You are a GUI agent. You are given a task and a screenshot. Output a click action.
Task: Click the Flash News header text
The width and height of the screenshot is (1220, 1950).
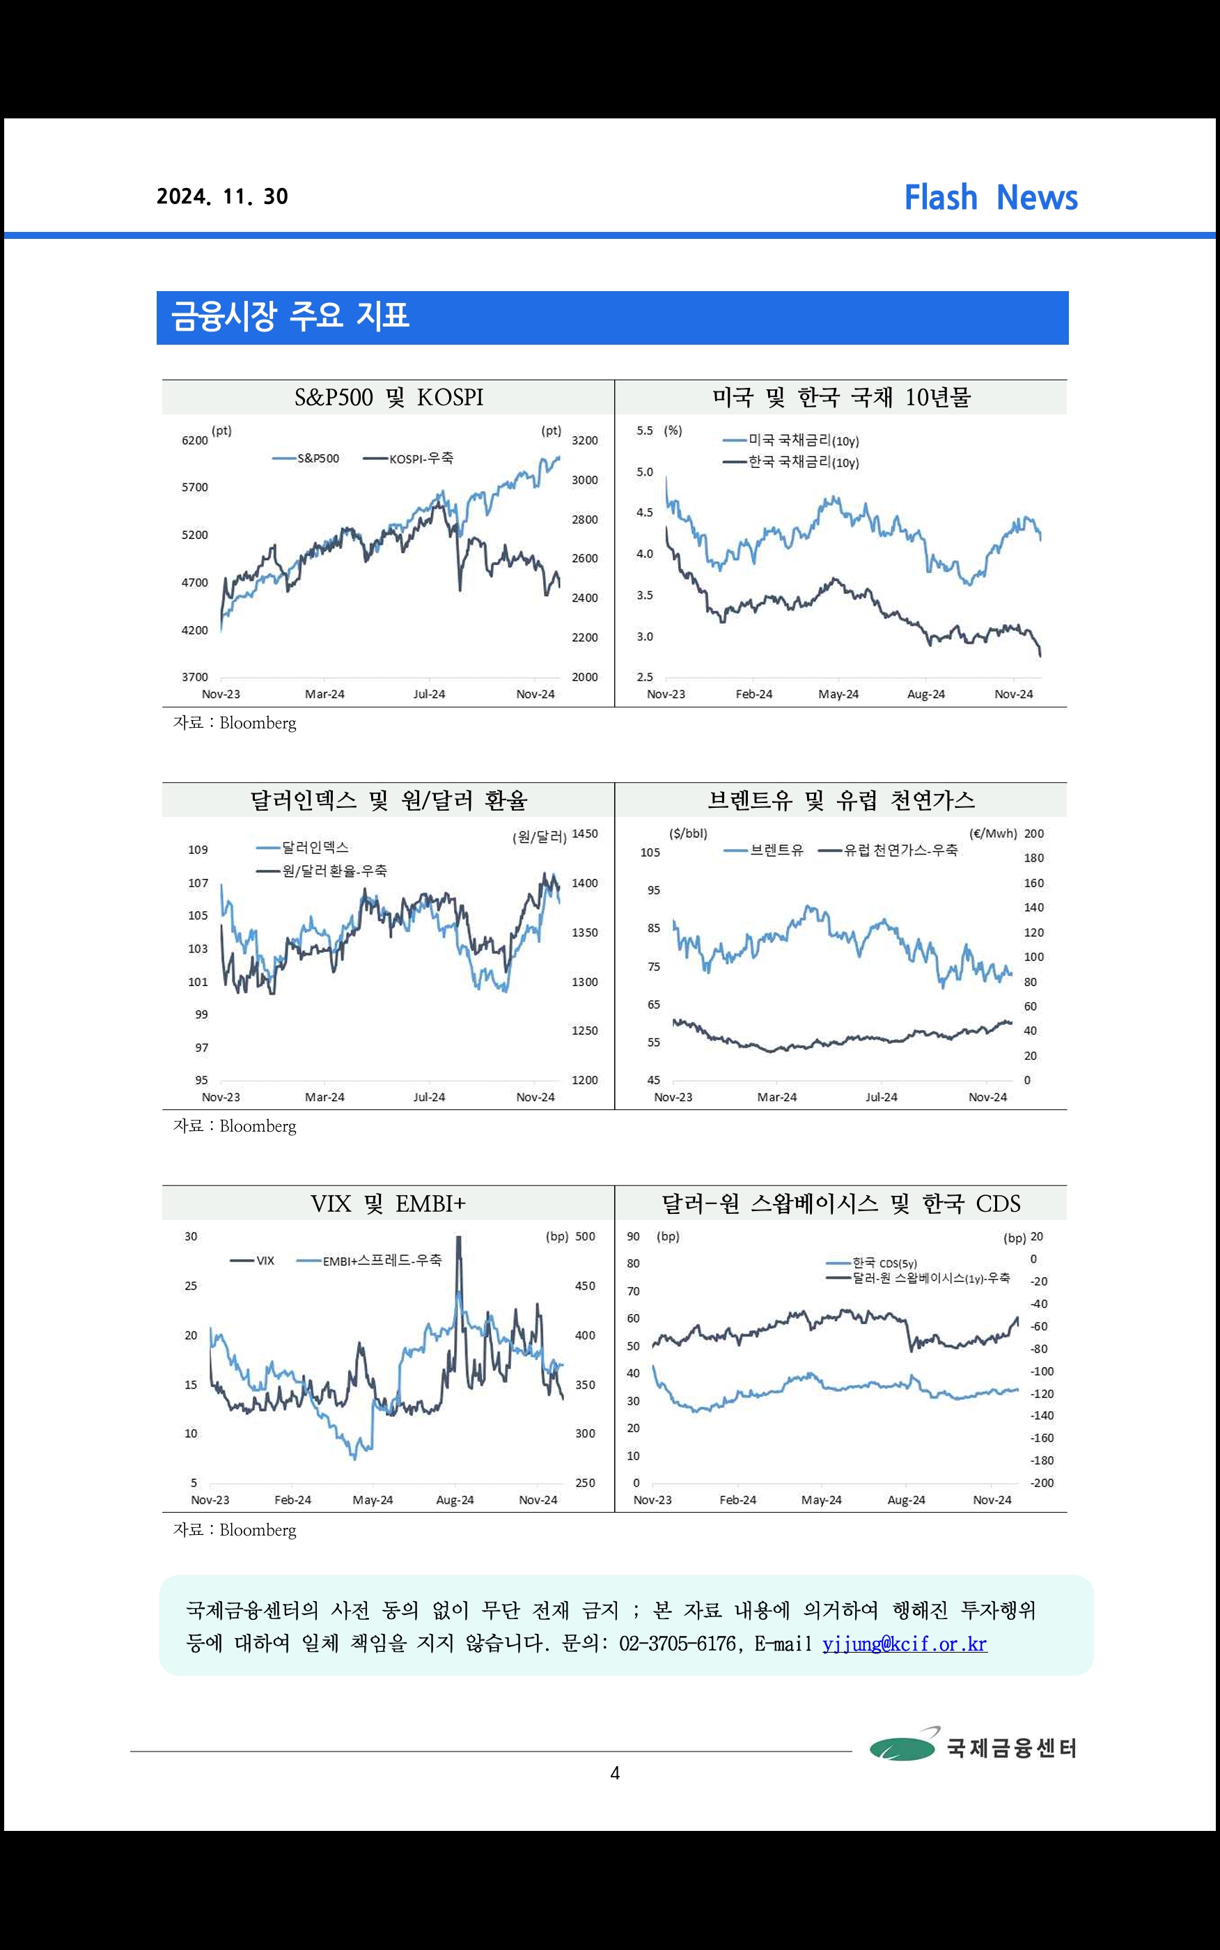pos(990,198)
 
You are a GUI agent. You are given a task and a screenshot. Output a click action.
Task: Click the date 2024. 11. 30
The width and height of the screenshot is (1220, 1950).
pos(222,197)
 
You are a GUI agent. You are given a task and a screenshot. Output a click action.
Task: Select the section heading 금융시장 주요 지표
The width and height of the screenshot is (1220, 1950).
pos(290,316)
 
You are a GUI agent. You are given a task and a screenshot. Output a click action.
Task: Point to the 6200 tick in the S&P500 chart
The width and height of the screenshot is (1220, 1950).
pos(194,441)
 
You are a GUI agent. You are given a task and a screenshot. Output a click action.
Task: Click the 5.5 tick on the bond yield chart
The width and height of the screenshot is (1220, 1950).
pos(644,431)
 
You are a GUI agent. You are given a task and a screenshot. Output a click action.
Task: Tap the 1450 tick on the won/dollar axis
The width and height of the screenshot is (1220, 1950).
pos(585,834)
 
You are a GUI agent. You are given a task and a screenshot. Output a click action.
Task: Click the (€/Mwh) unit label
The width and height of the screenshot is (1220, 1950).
pos(992,834)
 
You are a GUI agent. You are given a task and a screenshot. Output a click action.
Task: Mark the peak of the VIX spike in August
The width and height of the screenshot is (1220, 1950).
pos(459,1238)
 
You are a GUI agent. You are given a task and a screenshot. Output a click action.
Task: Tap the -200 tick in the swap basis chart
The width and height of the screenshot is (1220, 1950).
pos(1042,1483)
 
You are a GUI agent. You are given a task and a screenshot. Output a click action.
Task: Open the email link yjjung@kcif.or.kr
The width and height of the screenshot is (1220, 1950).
pos(905,1644)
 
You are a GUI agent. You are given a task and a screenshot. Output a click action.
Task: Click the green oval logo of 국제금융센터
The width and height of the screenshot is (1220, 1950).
pos(902,1747)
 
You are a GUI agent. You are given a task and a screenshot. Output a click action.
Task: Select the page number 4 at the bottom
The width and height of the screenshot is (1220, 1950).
pos(615,1773)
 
